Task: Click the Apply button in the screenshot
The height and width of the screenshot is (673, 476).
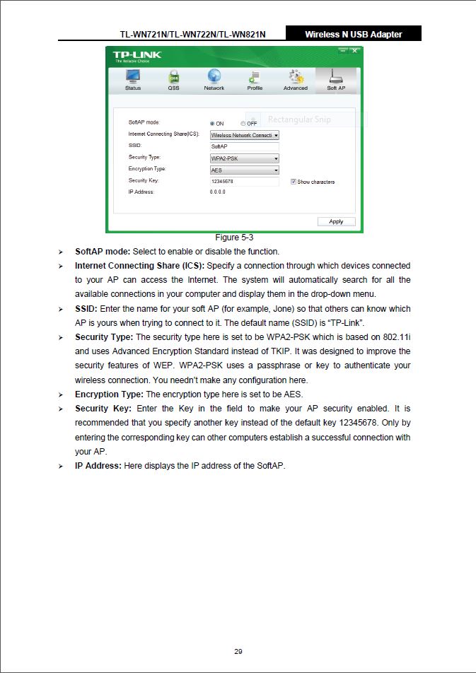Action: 336,221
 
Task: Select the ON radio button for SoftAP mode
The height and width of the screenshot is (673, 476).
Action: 212,124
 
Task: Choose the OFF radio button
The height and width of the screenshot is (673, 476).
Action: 243,124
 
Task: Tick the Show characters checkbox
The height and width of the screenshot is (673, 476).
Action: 293,182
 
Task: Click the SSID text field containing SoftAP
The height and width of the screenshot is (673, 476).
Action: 244,146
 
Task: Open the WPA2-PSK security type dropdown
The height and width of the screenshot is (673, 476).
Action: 244,158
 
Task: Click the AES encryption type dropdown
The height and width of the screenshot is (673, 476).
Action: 244,170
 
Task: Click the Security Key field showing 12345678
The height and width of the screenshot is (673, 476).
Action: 244,182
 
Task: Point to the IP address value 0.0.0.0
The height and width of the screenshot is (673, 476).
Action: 218,192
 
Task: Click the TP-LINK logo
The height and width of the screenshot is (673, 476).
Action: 137,55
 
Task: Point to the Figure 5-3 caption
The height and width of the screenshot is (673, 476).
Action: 234,238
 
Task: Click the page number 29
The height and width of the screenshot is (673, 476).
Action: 238,651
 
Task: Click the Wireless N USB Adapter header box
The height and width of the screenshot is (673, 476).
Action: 353,34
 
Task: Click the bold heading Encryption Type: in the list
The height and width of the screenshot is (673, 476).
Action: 110,394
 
